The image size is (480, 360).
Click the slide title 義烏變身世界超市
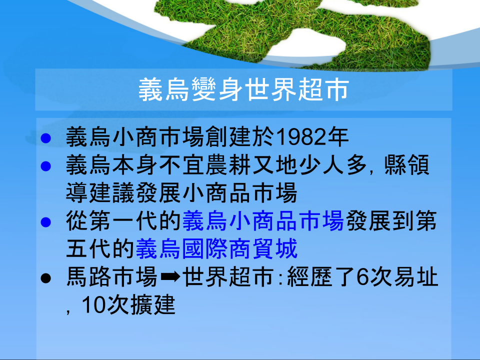243,89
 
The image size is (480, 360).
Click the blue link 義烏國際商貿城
216,248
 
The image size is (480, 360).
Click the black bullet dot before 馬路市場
45,278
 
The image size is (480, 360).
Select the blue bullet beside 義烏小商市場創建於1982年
45,138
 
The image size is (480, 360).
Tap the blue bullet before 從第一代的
45,222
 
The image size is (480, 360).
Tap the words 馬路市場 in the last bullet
111,277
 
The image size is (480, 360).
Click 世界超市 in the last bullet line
228,277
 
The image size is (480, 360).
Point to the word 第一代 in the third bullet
124,220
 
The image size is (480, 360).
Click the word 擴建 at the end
153,304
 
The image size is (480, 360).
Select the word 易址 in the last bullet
415,277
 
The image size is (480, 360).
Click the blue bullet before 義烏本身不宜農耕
45,166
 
